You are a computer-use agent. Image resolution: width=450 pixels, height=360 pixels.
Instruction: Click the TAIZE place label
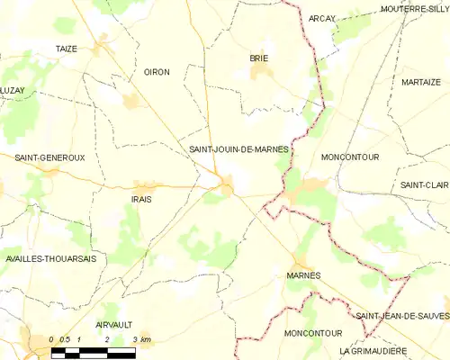66,49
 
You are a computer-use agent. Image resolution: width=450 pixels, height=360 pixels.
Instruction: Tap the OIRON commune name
157,72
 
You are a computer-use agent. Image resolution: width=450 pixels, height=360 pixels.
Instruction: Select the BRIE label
259,58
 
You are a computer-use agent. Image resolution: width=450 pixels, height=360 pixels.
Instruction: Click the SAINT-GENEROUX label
49,157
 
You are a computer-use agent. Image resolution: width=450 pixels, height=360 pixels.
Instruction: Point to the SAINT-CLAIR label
424,184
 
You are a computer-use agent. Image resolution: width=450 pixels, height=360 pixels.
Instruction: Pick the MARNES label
302,275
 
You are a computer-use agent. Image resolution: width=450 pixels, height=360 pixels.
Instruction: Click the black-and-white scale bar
92,352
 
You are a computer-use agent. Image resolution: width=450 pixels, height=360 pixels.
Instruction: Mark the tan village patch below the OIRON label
132,101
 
